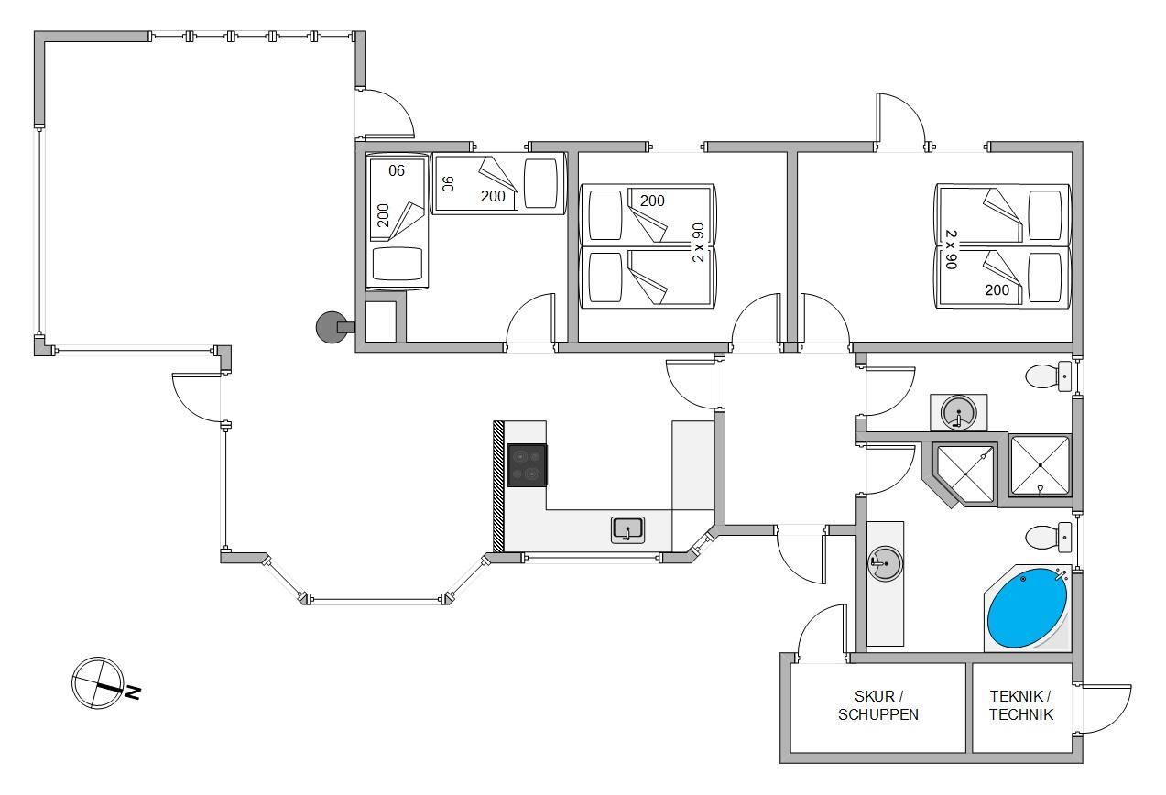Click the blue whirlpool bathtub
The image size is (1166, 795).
[x=1028, y=608]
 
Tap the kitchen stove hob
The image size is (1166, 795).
[x=527, y=465]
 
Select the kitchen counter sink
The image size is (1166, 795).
[x=627, y=530]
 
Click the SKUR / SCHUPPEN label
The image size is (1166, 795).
[x=878, y=705]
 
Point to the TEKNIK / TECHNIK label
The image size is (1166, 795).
[x=1020, y=705]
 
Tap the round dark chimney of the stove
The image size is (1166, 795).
[x=332, y=327]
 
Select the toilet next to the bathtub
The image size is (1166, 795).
[x=1047, y=538]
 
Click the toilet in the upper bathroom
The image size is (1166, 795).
[x=1047, y=376]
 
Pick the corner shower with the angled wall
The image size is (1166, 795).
[x=964, y=474]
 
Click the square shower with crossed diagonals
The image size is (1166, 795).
[x=1040, y=465]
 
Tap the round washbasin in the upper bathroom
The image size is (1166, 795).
[x=958, y=412]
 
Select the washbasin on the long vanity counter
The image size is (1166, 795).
[x=886, y=563]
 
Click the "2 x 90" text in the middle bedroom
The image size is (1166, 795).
[x=699, y=243]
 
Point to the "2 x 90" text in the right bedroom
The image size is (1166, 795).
[x=951, y=249]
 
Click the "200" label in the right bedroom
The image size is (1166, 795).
[x=997, y=290]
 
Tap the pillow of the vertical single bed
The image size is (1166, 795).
[x=398, y=264]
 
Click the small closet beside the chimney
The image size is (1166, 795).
[x=380, y=321]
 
